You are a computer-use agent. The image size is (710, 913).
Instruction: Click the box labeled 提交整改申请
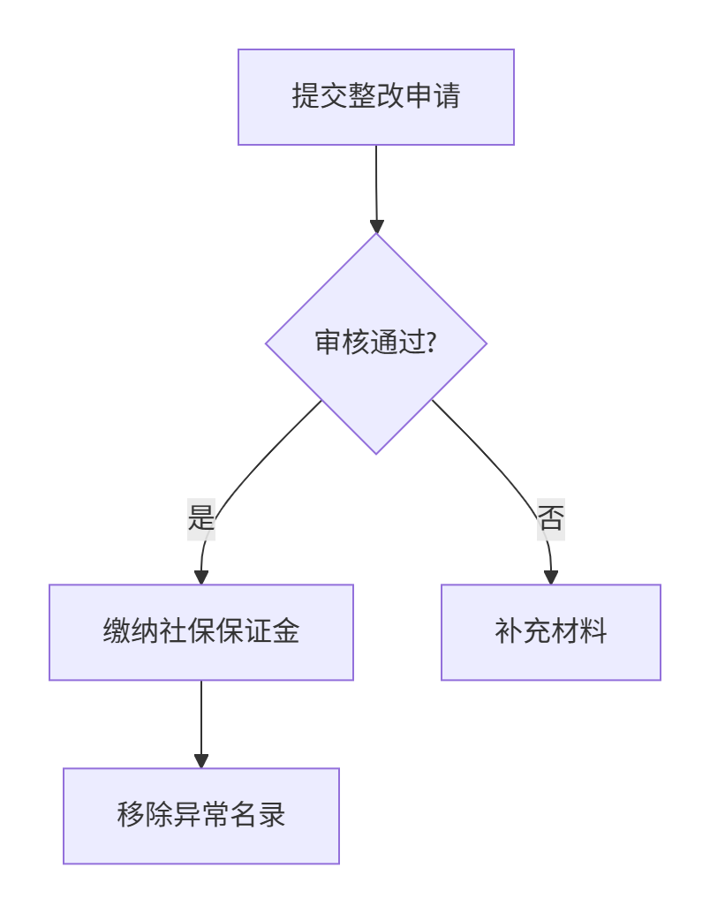[x=375, y=97]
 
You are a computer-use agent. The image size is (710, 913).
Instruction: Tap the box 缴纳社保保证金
[x=201, y=632]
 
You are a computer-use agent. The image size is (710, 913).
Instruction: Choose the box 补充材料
[x=550, y=632]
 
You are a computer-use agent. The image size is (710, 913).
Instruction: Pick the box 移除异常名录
[x=201, y=816]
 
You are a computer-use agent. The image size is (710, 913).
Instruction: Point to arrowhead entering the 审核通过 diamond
[x=377, y=226]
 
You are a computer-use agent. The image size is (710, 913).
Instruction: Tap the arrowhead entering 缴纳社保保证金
[x=201, y=577]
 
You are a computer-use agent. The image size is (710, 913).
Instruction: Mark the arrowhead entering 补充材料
[x=551, y=577]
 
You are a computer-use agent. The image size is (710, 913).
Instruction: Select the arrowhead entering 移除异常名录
[x=201, y=761]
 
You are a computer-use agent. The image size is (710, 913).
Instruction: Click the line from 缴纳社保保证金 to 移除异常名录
[x=201, y=715]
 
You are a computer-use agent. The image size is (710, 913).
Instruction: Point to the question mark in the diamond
[x=432, y=343]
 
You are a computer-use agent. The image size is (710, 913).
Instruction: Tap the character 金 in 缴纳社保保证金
[x=286, y=632]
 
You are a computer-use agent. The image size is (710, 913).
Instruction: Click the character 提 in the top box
[x=305, y=96]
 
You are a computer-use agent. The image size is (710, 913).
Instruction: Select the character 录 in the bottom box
[x=273, y=815]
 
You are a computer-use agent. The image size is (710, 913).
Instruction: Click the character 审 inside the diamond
[x=328, y=343]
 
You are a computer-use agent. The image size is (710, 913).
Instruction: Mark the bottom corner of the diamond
[x=376, y=453]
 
